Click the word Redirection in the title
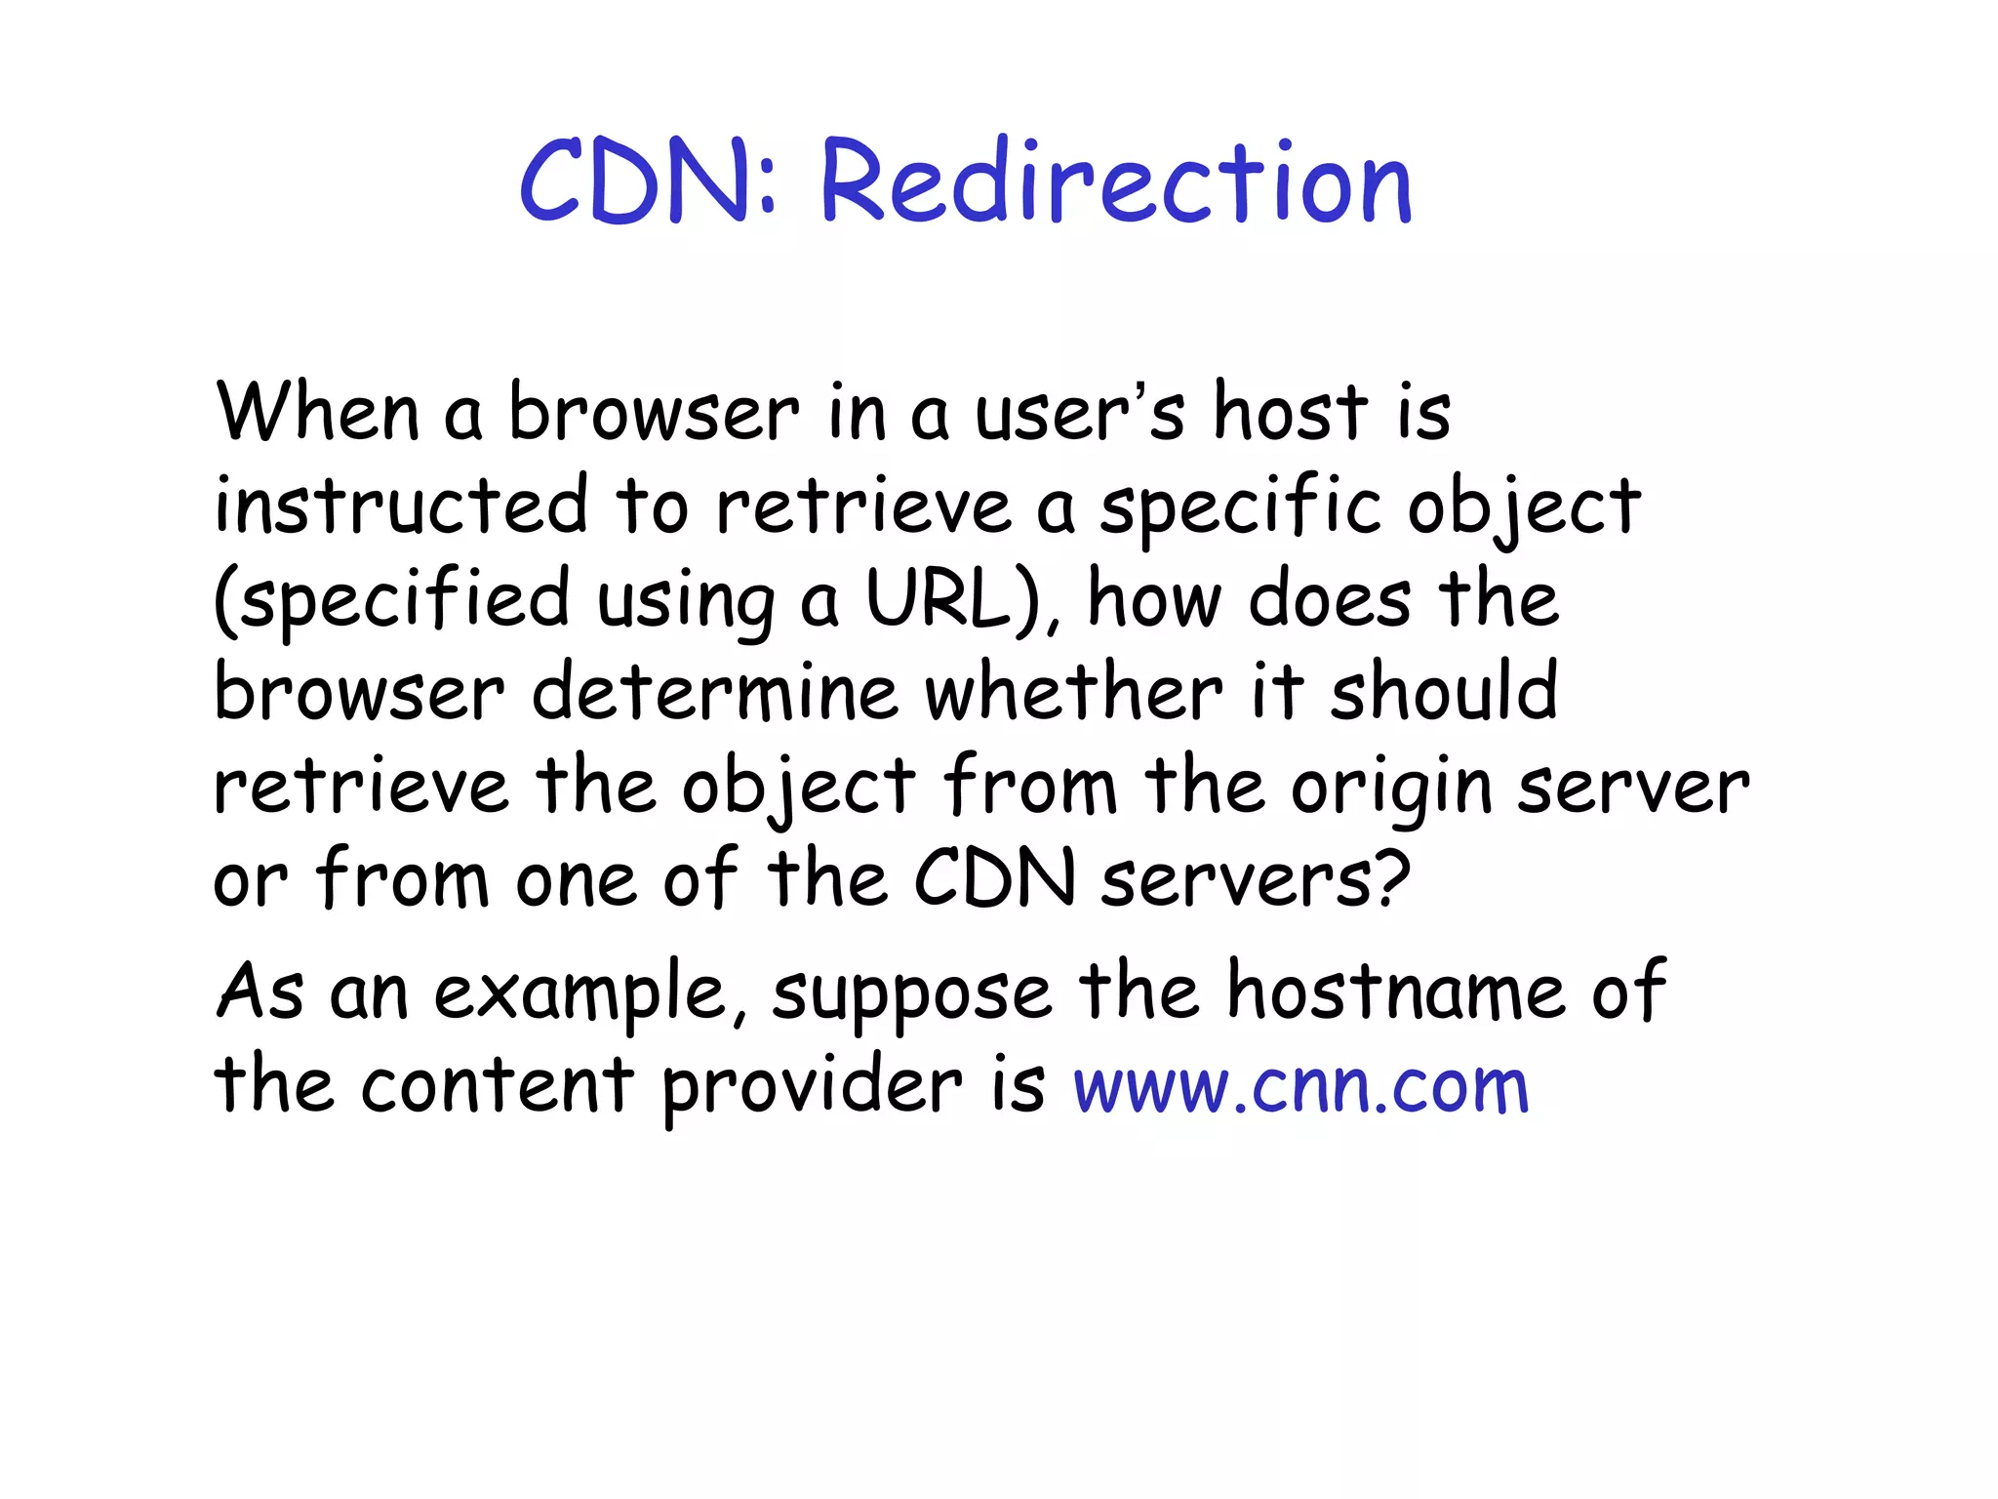coord(1116,182)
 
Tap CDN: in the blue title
coord(648,182)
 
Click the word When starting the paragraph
coord(318,413)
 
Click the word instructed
coord(401,506)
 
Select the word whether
coord(1073,691)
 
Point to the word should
coord(1444,691)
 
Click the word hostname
coord(1396,992)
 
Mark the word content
coord(498,1085)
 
